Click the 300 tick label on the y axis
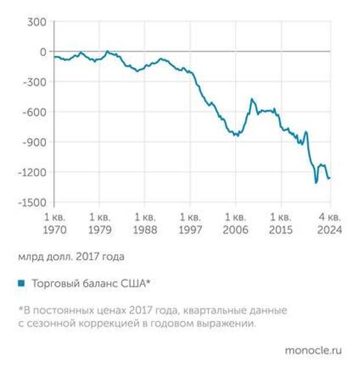pyautogui.click(x=35, y=22)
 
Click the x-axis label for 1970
pyautogui.click(x=54, y=223)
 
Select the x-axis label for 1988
pyautogui.click(x=145, y=223)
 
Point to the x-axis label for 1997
pyautogui.click(x=190, y=223)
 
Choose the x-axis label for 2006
pyautogui.click(x=236, y=223)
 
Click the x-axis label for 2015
pyautogui.click(x=281, y=223)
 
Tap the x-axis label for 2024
pyautogui.click(x=329, y=223)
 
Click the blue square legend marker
pyautogui.click(x=21, y=283)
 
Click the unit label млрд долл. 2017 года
pyautogui.click(x=71, y=255)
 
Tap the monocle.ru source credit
pyautogui.click(x=313, y=351)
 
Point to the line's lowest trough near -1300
pyautogui.click(x=316, y=182)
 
